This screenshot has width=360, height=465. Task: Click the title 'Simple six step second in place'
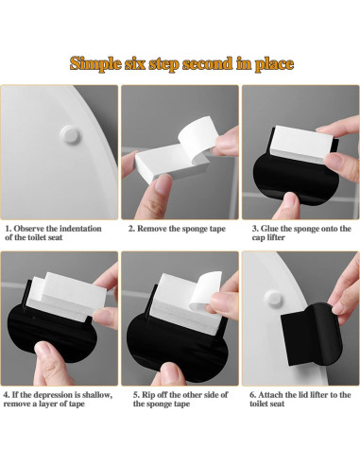pos(180,64)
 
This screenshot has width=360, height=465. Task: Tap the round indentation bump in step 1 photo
pos(68,131)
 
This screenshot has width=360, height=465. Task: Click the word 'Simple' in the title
pos(97,64)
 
